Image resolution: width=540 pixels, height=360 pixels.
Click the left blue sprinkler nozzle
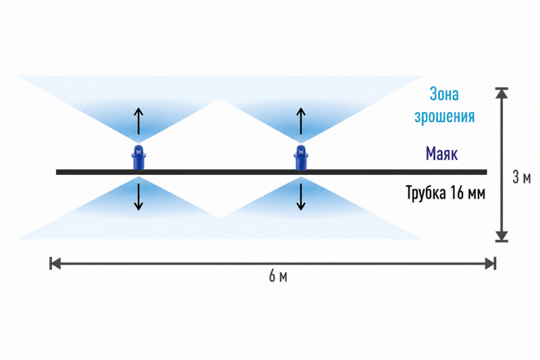138,157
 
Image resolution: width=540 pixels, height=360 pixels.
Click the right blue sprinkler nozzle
301,157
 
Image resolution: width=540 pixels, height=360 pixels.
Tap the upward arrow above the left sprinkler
138,121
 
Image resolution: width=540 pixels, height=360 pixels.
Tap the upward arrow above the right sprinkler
301,121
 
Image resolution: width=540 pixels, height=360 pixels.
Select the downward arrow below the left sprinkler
138,197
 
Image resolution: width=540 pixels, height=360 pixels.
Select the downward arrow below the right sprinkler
301,197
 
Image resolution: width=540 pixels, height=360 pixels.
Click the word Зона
444,94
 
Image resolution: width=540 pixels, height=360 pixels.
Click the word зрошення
445,116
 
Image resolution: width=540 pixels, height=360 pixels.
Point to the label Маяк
442,153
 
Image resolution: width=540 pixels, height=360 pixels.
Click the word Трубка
426,192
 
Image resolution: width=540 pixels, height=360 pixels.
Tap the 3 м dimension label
521,178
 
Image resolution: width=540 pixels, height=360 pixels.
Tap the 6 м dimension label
278,276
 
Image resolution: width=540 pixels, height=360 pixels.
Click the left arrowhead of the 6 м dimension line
55,263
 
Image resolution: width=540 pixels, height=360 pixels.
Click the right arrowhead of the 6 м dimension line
491,264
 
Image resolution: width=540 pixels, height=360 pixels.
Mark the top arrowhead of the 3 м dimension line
502,93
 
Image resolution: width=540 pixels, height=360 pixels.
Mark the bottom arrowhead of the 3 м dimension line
502,236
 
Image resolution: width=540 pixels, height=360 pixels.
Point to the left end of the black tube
57,172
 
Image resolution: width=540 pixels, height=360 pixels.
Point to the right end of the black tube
486,172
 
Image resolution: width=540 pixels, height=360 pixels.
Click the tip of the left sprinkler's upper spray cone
138,143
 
